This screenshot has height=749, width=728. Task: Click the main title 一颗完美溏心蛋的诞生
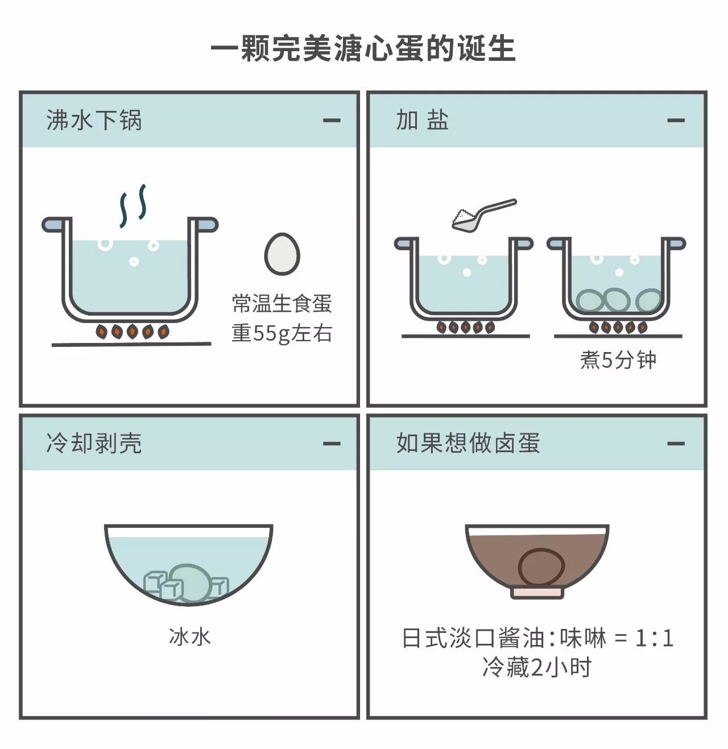coord(363,48)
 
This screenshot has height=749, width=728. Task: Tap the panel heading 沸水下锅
coord(94,120)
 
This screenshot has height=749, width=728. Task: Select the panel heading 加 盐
coord(423,120)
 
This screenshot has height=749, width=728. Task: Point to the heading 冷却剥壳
coord(94,443)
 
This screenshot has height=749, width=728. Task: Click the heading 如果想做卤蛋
coord(468,443)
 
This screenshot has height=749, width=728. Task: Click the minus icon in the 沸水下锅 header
coord(332,121)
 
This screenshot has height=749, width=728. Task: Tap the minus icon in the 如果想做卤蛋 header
coord(676,444)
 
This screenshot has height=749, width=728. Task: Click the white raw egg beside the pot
coord(282,254)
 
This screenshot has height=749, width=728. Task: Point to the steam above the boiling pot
coord(133,206)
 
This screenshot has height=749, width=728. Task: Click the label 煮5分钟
coord(618,360)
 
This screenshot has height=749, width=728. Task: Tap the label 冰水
coord(190,636)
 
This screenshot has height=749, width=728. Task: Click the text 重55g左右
coord(282,333)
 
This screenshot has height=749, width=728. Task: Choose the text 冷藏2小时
coord(537,667)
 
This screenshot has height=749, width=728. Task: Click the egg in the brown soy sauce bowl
coord(541,568)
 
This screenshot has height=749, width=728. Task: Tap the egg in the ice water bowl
coord(190,582)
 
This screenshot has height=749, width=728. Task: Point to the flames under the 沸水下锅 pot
coord(132,330)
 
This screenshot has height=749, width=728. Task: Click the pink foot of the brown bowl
coord(537,591)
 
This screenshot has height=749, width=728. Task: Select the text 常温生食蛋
coord(282,303)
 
